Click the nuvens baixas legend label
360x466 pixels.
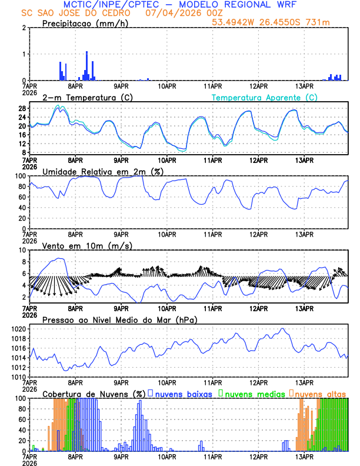[x=184, y=393]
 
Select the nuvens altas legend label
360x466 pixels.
[x=320, y=393]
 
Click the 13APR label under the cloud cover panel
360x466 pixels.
[x=304, y=456]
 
